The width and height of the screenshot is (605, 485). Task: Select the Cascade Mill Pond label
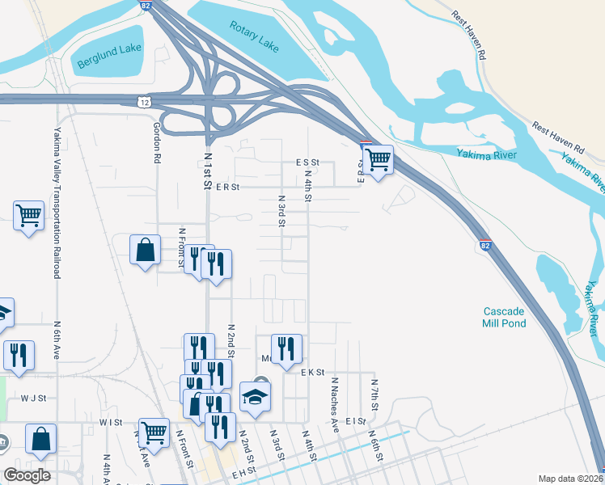(x=505, y=317)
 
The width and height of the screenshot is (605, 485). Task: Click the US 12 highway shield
(x=143, y=102)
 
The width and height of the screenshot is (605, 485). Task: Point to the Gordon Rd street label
(x=157, y=143)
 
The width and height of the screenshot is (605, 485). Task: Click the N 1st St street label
(x=208, y=170)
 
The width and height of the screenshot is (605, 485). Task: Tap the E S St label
(x=308, y=162)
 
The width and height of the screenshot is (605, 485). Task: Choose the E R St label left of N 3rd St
(x=228, y=187)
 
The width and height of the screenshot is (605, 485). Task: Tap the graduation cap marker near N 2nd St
(x=255, y=397)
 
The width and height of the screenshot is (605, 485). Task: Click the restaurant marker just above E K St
(x=286, y=348)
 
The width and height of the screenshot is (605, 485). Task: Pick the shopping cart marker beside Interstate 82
(x=378, y=159)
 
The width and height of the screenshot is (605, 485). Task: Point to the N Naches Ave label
(x=333, y=401)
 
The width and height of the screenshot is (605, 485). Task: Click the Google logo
(x=27, y=475)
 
